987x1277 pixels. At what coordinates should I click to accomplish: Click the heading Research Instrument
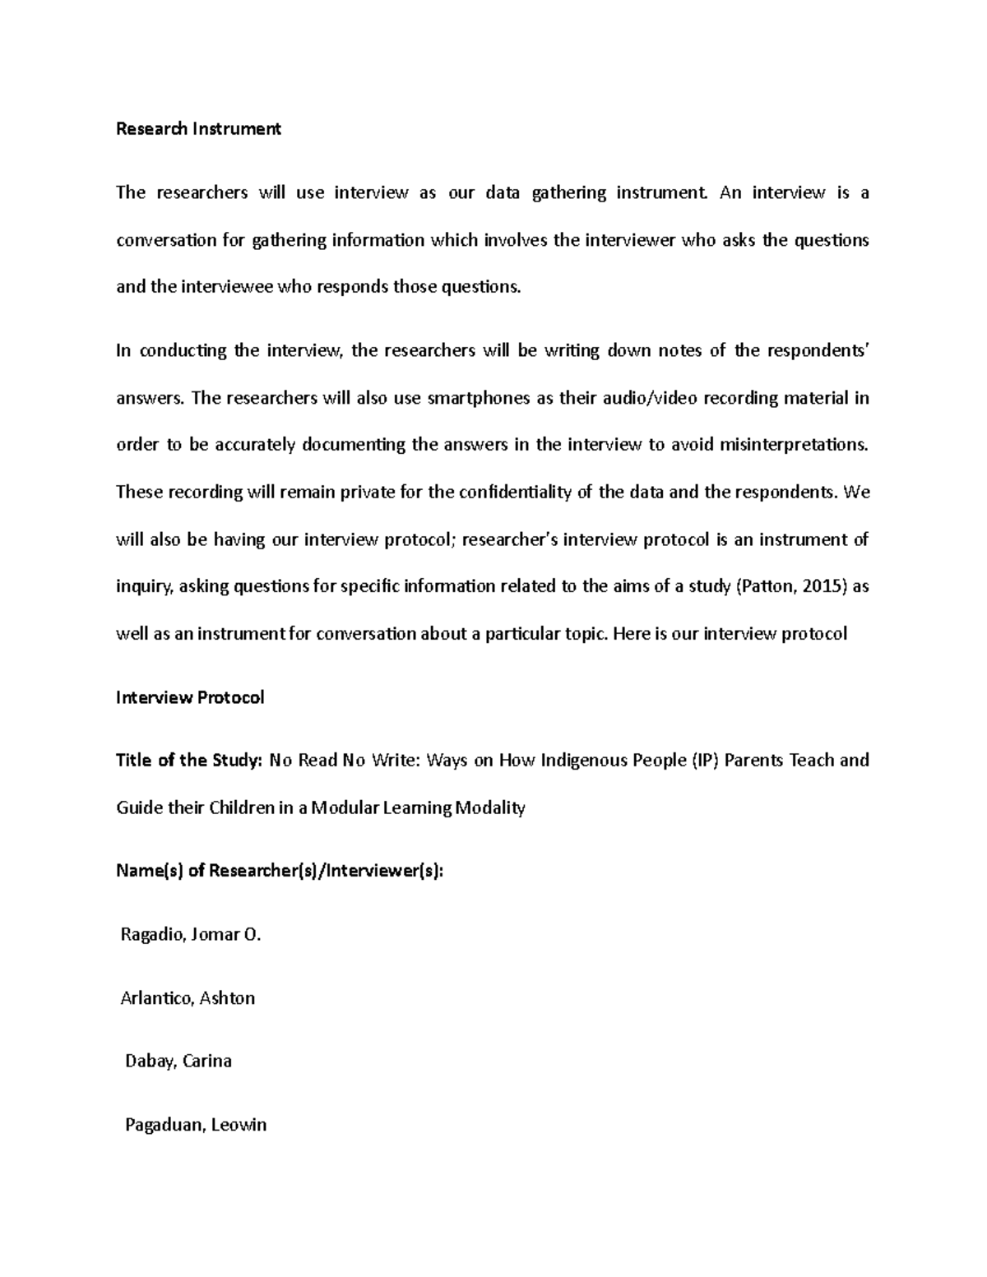(198, 129)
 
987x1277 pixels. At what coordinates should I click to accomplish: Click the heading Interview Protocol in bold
(190, 698)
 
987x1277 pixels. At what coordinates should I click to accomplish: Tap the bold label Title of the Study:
(188, 761)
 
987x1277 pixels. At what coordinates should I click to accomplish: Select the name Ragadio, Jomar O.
(190, 935)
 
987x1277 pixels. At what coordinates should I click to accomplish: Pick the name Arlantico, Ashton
(188, 998)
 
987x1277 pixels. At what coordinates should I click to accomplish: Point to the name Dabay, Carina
(178, 1062)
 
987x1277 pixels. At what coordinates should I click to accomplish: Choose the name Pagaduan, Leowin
(196, 1125)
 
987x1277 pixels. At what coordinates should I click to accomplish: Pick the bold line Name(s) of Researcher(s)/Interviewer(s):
(280, 872)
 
